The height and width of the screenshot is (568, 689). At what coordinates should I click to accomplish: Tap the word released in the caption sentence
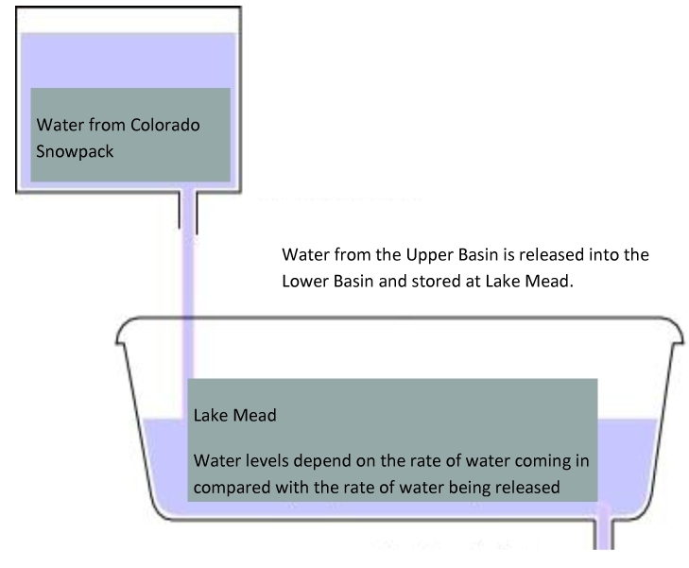(x=508, y=256)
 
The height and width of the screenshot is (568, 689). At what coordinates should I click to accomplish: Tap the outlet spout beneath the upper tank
(x=187, y=212)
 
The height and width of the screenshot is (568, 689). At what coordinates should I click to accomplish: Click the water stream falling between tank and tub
(x=187, y=302)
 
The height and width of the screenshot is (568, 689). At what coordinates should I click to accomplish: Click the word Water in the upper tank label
(x=56, y=125)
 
